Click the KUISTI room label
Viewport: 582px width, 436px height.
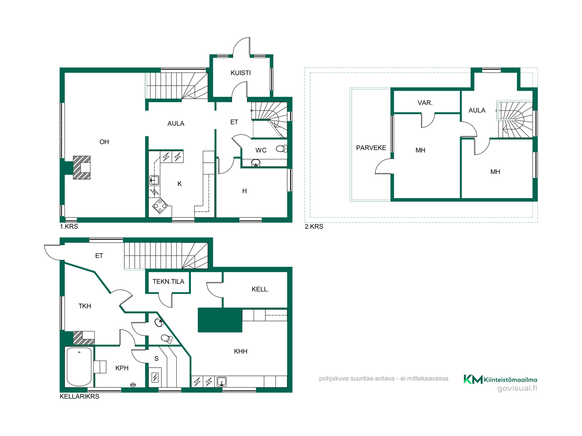click(241, 73)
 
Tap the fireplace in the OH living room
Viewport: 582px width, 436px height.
click(82, 167)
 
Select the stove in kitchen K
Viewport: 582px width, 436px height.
click(160, 206)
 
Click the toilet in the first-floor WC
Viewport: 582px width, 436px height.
click(281, 149)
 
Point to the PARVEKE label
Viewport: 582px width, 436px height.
click(371, 148)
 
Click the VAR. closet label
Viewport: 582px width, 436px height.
click(425, 103)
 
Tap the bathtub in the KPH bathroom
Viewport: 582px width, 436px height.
click(79, 366)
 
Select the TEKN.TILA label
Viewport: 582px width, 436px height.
click(168, 282)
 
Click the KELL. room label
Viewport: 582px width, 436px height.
click(260, 289)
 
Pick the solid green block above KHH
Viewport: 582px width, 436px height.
click(220, 320)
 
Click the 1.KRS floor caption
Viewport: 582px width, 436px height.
click(69, 226)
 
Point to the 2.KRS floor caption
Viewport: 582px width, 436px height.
click(314, 226)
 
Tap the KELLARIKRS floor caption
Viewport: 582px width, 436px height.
click(79, 396)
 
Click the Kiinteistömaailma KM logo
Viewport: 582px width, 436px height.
click(500, 379)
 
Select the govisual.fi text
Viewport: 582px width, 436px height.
click(517, 388)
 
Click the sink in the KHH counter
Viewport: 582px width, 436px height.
click(222, 381)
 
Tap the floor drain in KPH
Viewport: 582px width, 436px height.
click(133, 385)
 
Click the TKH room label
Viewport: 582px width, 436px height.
click(85, 306)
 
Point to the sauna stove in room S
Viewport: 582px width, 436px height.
click(155, 378)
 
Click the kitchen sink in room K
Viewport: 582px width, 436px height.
click(154, 181)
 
